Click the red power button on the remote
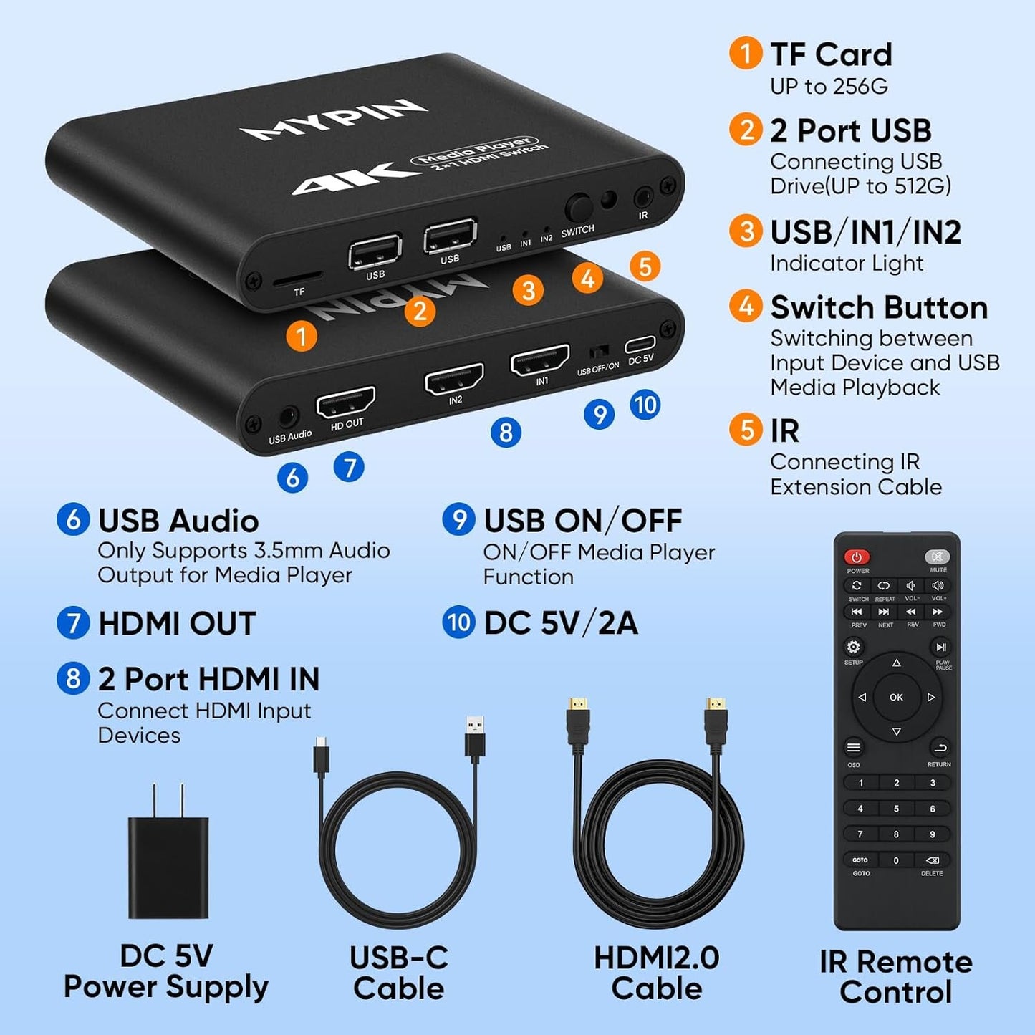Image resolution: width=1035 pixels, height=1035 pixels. pyautogui.click(x=856, y=557)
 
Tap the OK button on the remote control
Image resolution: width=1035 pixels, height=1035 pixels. pyautogui.click(x=896, y=697)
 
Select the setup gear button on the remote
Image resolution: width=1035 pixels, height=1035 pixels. pyautogui.click(x=853, y=648)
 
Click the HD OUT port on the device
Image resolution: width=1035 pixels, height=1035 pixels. pyautogui.click(x=346, y=405)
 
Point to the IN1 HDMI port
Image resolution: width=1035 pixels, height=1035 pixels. pyautogui.click(x=540, y=360)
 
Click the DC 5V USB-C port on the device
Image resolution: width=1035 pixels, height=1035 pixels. pyautogui.click(x=639, y=345)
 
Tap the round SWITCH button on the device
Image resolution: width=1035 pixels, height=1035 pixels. pyautogui.click(x=578, y=208)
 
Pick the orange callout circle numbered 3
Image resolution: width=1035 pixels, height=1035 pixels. pyautogui.click(x=528, y=291)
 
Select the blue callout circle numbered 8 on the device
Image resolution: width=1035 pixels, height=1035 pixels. pyautogui.click(x=506, y=433)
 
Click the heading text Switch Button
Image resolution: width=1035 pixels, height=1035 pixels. pyautogui.click(x=879, y=308)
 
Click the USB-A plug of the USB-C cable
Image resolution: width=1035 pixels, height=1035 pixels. pyautogui.click(x=474, y=736)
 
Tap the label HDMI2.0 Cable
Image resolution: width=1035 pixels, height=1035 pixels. pyautogui.click(x=656, y=973)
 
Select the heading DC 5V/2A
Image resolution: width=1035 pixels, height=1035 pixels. pyautogui.click(x=560, y=623)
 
